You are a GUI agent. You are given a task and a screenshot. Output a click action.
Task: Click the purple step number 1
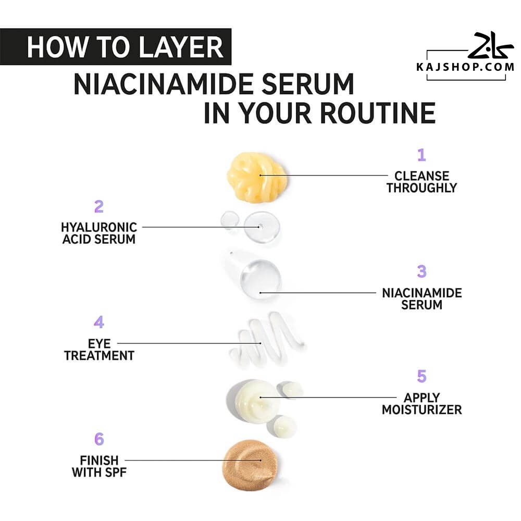[x=421, y=155]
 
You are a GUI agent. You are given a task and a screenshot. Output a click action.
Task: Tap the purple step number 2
[x=98, y=206]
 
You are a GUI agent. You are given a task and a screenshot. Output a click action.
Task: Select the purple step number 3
[x=421, y=271]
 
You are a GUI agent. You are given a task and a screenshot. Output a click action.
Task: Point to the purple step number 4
[x=99, y=322]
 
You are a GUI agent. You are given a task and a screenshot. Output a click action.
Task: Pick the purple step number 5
[x=421, y=376]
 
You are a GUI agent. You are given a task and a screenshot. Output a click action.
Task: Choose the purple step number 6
[x=99, y=439]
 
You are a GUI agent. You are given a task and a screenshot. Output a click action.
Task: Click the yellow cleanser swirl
[x=257, y=177]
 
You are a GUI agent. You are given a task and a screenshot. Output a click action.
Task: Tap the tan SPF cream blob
[x=250, y=464]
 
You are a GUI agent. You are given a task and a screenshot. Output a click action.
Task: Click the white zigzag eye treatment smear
[x=266, y=339]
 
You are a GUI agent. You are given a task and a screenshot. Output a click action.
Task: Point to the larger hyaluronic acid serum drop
[x=262, y=227]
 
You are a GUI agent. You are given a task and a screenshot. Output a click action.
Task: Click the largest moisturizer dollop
[x=253, y=401]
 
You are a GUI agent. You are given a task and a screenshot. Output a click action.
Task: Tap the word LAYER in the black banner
[x=181, y=47]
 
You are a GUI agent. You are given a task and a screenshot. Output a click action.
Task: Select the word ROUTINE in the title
[x=377, y=113]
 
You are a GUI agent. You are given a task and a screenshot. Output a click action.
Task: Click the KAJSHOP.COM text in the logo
[x=465, y=67]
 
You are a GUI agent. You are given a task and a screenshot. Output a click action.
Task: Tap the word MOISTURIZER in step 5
[x=421, y=410]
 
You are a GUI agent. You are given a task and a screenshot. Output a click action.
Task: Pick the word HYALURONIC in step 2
[x=99, y=227]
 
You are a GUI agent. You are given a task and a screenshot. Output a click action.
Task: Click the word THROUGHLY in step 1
[x=421, y=188]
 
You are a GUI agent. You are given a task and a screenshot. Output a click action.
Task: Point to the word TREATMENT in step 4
[x=99, y=355]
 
